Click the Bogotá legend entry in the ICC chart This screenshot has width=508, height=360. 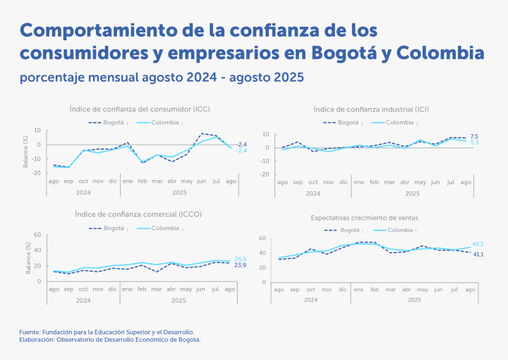[x=109, y=122]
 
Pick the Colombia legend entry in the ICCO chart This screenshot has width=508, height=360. [x=159, y=228]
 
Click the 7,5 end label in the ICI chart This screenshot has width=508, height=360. [x=474, y=136]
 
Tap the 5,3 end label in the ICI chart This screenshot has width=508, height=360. [x=474, y=143]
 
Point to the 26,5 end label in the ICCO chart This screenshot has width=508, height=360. [x=240, y=258]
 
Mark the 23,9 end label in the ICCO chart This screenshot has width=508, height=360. [x=240, y=265]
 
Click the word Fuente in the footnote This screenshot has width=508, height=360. [x=32, y=331]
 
